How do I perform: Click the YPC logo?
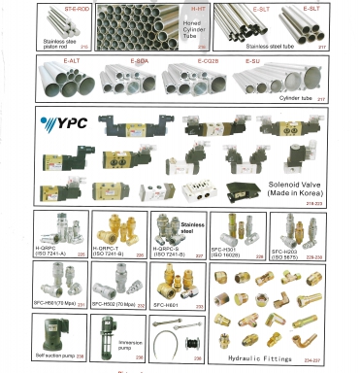click(x=60, y=124)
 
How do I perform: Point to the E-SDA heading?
click(x=139, y=60)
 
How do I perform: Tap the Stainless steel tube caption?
click(x=274, y=46)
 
